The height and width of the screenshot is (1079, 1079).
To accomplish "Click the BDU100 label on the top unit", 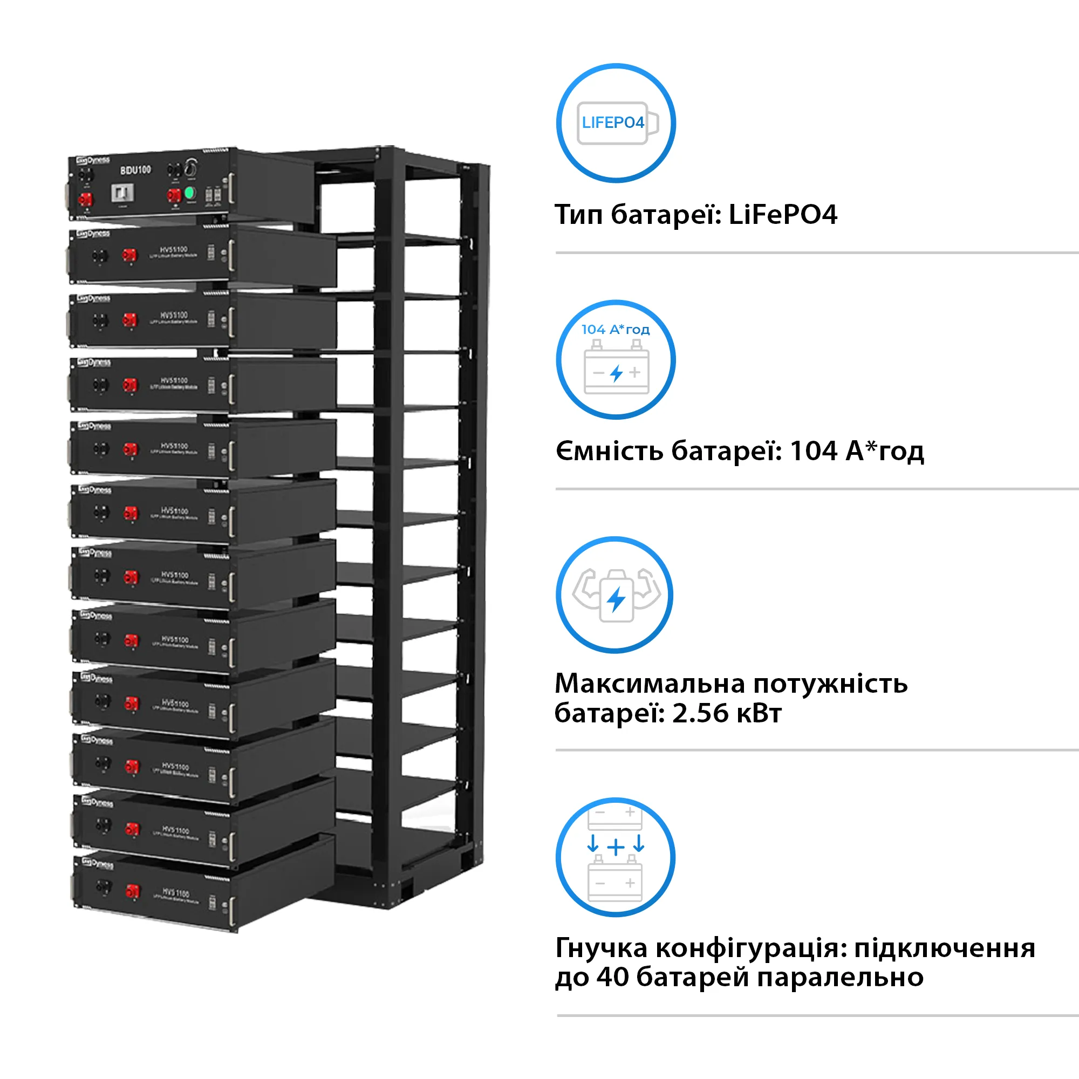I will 136,170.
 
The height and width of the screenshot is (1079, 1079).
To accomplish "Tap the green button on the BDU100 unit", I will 190,193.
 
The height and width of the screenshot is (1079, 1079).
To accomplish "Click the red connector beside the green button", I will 174,195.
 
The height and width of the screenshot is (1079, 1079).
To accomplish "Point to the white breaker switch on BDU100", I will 122,193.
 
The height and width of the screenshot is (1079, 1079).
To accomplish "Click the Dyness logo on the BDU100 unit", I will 93,161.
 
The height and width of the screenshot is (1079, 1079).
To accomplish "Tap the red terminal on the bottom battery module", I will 132,890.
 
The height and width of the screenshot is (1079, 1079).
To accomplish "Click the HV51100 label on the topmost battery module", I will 174,250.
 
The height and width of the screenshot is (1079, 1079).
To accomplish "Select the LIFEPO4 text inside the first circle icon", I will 613,123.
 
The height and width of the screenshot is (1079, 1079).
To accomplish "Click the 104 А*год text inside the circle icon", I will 615,330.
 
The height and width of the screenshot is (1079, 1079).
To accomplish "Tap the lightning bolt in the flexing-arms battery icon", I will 616,600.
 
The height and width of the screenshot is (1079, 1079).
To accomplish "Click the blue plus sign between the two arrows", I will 616,847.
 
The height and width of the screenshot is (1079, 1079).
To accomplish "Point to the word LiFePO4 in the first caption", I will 782,215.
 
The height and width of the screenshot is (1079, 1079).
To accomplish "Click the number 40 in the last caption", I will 613,977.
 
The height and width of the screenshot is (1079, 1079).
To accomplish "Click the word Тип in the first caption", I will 578,215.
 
